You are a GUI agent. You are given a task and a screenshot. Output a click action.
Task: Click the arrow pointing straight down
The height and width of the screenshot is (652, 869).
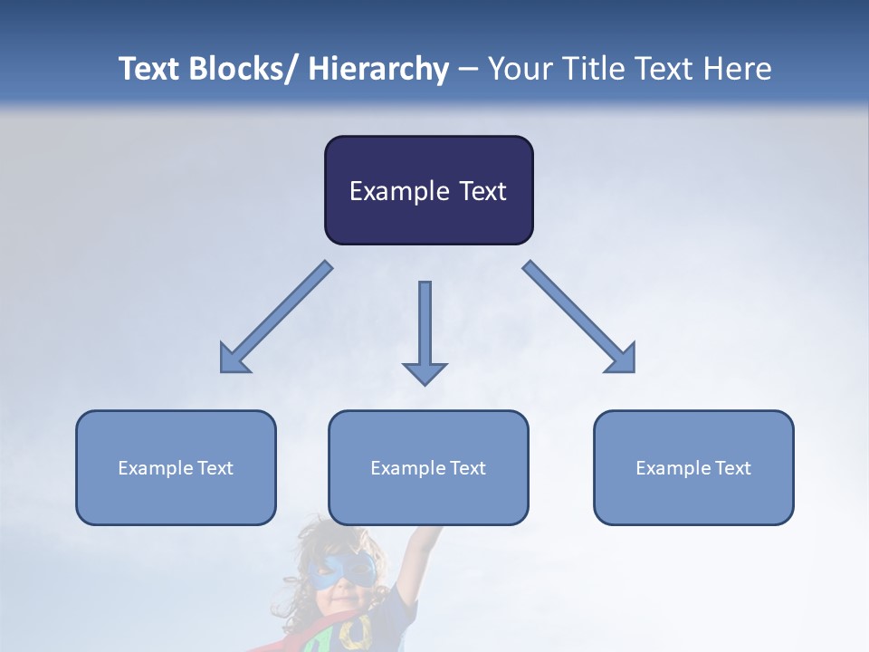click(x=425, y=331)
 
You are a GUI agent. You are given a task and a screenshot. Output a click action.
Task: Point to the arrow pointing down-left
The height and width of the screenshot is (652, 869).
click(x=277, y=317)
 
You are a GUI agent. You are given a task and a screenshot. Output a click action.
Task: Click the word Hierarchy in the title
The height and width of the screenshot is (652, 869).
click(x=378, y=70)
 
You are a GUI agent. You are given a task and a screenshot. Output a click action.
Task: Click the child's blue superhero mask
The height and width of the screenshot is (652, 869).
click(x=341, y=570)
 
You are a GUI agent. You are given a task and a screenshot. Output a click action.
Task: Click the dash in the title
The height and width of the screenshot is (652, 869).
click(x=468, y=70)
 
